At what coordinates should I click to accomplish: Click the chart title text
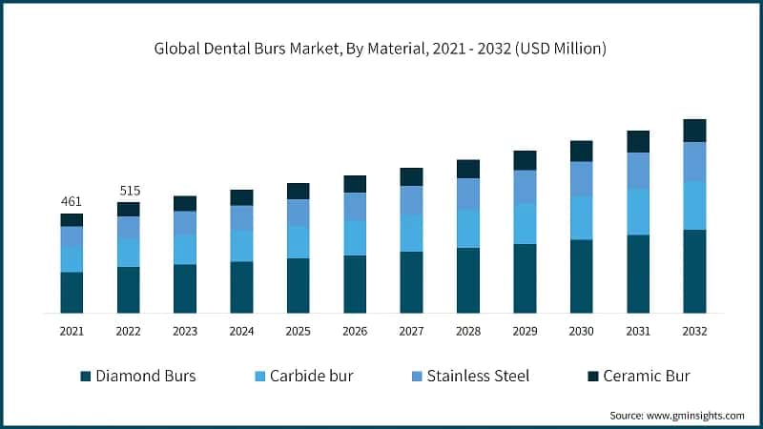point(381,48)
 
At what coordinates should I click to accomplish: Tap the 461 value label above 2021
point(72,201)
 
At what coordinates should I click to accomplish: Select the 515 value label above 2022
point(129,191)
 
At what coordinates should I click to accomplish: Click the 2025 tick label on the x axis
point(299,331)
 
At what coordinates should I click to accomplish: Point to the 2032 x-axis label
point(694,331)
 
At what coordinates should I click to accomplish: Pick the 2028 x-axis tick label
point(468,331)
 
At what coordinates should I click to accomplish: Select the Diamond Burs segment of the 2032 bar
point(694,271)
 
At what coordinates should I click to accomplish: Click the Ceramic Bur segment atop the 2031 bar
point(638,141)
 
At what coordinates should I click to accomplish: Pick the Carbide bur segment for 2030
point(582,217)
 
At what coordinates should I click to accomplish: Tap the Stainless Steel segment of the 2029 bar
point(525,186)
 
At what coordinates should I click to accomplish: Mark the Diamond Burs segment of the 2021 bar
point(72,292)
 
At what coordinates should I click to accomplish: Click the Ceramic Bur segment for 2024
point(242,197)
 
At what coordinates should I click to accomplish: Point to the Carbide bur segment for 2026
point(355,237)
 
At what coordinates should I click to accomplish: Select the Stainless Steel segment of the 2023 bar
point(185,222)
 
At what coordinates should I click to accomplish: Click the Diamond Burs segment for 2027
point(411,281)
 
